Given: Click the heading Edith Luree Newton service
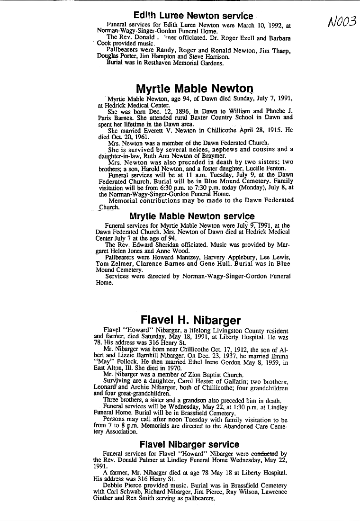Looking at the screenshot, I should pyautogui.click(x=193, y=16).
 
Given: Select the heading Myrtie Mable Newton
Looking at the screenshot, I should pyautogui.click(x=194, y=89).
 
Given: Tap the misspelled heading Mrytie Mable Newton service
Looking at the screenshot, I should pyautogui.click(x=192, y=216).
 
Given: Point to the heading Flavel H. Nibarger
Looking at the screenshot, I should pyautogui.click(x=190, y=321).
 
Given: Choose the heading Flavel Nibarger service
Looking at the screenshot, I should pyautogui.click(x=189, y=444).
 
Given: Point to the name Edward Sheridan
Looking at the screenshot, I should pyautogui.click(x=153, y=244).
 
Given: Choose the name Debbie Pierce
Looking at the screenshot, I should pyautogui.click(x=124, y=485).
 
